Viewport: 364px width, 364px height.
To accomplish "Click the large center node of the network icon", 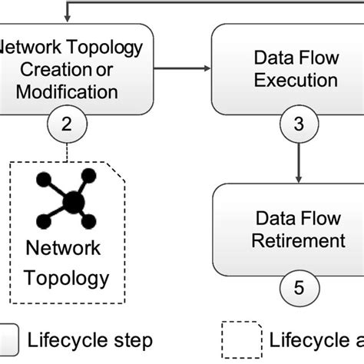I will [x=73, y=202].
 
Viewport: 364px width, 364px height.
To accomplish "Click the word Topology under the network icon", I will [x=70, y=276].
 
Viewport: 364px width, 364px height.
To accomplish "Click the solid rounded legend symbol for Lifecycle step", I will [x=8, y=339].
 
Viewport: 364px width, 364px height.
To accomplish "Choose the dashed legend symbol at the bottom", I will [x=240, y=339].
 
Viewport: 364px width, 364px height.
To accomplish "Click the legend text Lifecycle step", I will [x=90, y=339].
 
